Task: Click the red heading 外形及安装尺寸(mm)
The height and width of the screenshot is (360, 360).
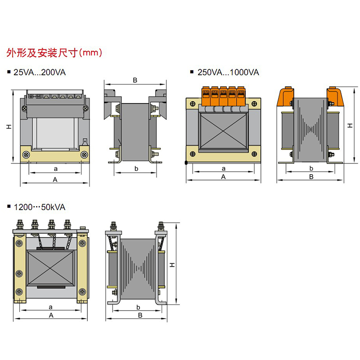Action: (54, 53)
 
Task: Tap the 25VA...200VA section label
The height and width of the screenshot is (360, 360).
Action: (40, 72)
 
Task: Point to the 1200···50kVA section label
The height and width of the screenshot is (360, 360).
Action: (40, 207)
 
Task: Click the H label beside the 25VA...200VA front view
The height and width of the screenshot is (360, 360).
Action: (9, 127)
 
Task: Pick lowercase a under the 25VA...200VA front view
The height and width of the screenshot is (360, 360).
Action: (55, 169)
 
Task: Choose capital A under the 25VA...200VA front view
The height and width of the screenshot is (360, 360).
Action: (55, 179)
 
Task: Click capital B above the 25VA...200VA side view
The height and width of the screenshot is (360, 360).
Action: (135, 81)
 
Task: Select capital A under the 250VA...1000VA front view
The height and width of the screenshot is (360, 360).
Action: (223, 177)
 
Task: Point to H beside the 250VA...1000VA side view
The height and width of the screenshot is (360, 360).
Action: (350, 125)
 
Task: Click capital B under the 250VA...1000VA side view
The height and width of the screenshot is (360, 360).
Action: (311, 177)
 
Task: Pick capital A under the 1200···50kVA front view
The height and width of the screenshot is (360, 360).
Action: (51, 315)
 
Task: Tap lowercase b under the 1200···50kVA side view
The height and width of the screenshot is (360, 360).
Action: (137, 307)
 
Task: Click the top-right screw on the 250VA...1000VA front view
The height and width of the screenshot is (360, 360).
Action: (254, 104)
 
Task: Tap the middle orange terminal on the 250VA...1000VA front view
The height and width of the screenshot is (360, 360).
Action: (223, 97)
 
